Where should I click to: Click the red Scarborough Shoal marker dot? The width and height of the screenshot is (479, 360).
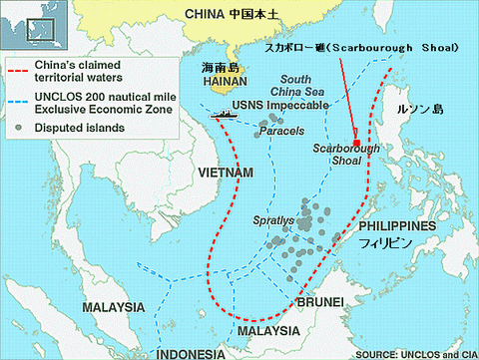click(356, 142)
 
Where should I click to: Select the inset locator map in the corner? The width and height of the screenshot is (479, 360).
click(25, 25)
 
